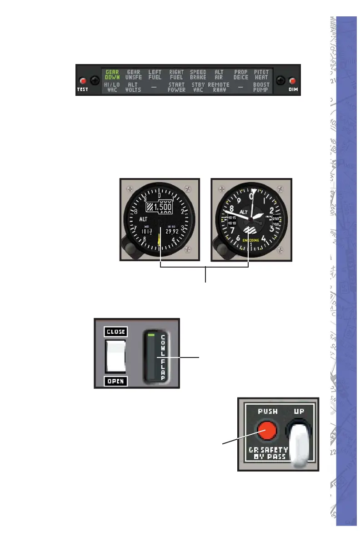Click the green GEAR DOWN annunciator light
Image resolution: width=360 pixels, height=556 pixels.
[112, 74]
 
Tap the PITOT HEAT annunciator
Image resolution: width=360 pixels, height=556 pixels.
[261, 74]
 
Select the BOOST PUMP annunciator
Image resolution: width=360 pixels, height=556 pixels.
[261, 87]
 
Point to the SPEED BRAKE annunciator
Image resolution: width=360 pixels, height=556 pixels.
[198, 74]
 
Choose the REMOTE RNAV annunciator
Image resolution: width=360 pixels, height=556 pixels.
[219, 87]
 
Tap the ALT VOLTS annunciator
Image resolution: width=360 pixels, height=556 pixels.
[133, 87]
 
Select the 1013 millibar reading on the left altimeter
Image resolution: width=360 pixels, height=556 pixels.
[146, 231]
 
